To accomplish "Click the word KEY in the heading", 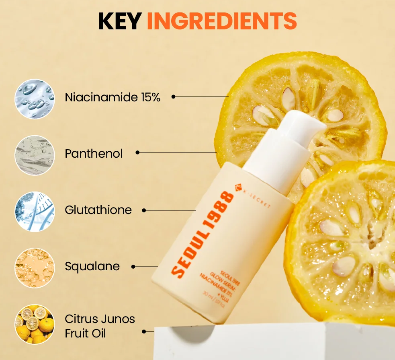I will tap(120, 21).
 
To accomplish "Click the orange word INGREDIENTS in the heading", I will tap(221, 21).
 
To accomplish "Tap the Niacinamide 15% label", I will tap(113, 97).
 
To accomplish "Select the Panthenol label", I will tap(94, 153).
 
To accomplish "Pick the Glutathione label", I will tap(98, 210).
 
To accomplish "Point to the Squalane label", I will tap(92, 266).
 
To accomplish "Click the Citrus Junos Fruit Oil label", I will tap(100, 326).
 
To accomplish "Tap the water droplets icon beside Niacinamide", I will tap(34, 99).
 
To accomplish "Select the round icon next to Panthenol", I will tap(34, 155).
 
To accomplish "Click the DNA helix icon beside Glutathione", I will tap(34, 211).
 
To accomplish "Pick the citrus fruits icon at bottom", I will tap(34, 324).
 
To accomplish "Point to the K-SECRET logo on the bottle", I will tap(254, 197).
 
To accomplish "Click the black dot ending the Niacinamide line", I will tap(174, 97).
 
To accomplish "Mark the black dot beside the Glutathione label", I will tap(144, 210).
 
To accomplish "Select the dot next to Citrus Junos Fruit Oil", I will tap(144, 331).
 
